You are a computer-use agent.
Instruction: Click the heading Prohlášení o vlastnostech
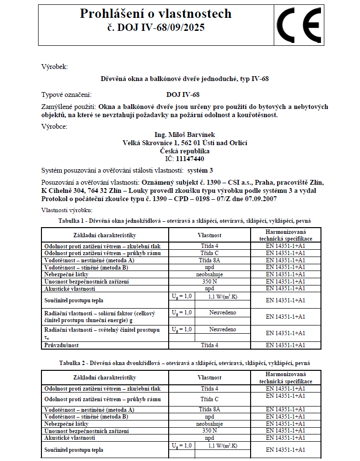coord(156,14)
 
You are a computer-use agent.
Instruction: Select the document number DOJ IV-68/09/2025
coord(156,27)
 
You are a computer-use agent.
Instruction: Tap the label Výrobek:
coord(55,67)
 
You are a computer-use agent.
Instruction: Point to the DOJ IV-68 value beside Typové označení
coord(183,95)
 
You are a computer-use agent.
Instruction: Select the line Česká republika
coord(185,150)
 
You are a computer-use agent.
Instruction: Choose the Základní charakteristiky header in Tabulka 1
coord(105,235)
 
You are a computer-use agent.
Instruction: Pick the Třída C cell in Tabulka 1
coord(210,253)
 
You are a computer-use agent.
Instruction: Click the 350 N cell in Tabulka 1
coord(210,281)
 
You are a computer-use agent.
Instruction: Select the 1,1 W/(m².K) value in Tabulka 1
coord(223,297)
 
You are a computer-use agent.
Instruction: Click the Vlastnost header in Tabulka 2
coord(210,378)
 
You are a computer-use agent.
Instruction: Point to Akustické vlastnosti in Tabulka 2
coord(70,437)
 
